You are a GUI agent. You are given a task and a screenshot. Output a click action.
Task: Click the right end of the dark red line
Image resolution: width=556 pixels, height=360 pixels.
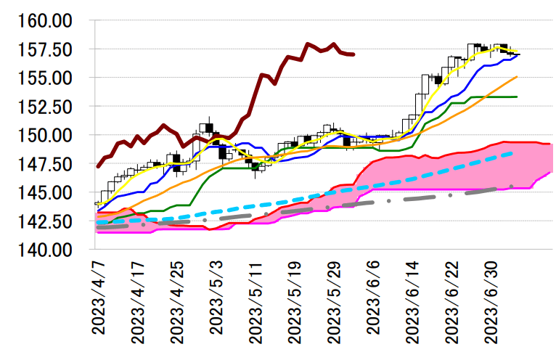click(353, 54)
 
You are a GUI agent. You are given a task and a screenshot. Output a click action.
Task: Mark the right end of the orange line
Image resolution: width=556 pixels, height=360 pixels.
click(517, 76)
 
